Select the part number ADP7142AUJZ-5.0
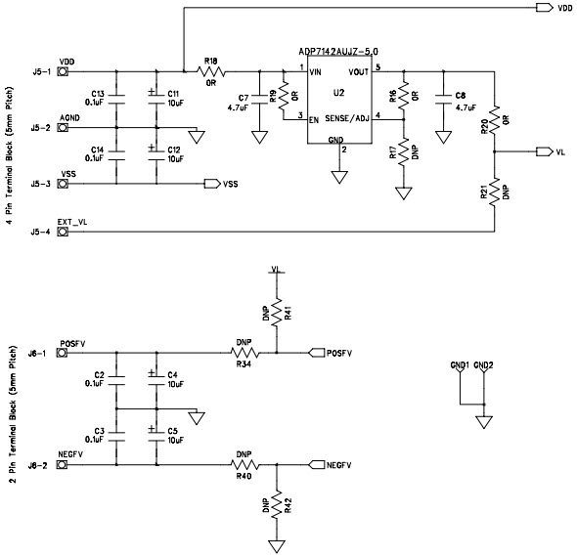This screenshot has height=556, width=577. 338,51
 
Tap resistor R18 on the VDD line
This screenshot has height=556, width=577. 210,70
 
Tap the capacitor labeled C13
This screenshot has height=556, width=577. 116,98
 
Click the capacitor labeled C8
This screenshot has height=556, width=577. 443,99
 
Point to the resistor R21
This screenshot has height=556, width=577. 495,190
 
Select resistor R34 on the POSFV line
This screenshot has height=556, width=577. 244,352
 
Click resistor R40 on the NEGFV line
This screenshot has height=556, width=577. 244,464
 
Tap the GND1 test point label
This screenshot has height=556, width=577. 460,364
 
